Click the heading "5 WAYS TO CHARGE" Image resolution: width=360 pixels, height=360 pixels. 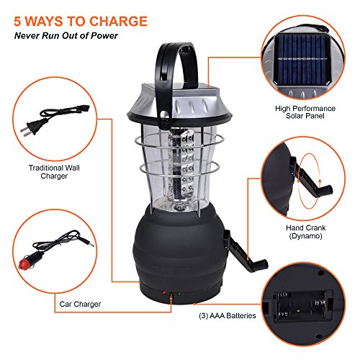(78, 20)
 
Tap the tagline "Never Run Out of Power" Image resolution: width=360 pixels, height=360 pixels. (67, 35)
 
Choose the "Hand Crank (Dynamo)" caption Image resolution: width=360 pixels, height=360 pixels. (304, 230)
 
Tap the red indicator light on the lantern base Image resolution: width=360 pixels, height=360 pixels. (164, 294)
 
